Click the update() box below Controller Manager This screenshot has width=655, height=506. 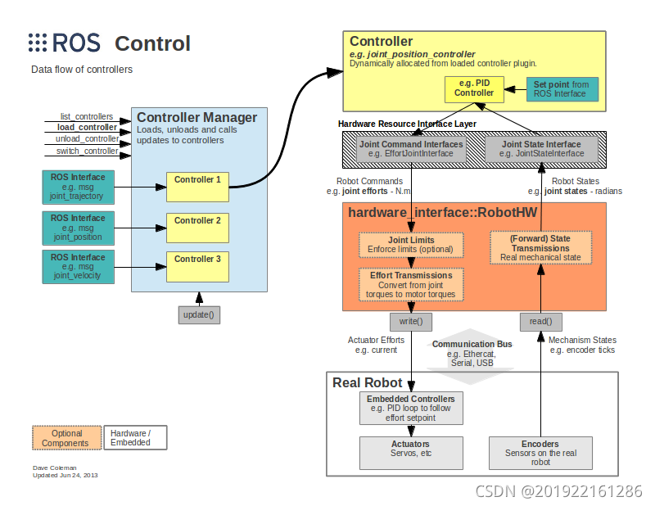(x=199, y=315)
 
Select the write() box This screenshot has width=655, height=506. (x=411, y=322)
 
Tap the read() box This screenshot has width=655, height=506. (x=541, y=322)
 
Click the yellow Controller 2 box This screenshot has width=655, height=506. (x=197, y=228)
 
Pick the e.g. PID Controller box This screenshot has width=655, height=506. (x=474, y=89)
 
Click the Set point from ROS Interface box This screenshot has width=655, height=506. (x=562, y=89)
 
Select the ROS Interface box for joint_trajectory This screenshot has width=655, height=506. (x=78, y=187)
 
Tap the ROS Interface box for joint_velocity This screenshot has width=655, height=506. (x=78, y=267)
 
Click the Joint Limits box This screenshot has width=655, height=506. (x=411, y=245)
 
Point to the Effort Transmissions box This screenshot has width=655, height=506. (x=411, y=285)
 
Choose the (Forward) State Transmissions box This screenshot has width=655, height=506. (x=541, y=248)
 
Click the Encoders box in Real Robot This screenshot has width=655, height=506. (x=540, y=453)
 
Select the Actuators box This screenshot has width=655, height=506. (x=411, y=453)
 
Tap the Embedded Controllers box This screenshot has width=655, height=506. (x=411, y=409)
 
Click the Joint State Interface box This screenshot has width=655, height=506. (x=541, y=149)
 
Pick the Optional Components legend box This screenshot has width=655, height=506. (x=67, y=438)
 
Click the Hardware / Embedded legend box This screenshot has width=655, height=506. (x=135, y=438)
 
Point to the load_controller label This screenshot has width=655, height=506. (x=88, y=128)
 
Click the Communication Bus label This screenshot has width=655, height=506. (x=472, y=344)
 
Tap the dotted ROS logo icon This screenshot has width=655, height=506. (x=38, y=43)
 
